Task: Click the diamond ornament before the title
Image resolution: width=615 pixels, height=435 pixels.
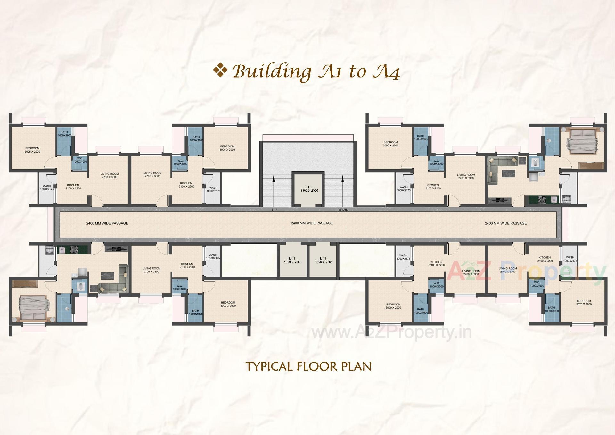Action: tap(220, 71)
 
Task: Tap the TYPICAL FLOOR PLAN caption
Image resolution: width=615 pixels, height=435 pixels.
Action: tap(308, 366)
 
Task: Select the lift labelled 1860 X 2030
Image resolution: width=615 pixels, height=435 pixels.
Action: tap(308, 189)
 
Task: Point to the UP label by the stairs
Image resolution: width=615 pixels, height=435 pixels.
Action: tap(274, 210)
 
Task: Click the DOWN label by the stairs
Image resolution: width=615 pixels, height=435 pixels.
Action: tap(343, 210)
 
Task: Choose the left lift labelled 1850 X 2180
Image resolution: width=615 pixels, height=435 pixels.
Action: tap(292, 260)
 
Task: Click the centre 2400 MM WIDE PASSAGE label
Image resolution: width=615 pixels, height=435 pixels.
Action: tap(312, 223)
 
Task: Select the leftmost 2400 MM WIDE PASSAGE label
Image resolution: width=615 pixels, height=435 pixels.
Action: tap(107, 223)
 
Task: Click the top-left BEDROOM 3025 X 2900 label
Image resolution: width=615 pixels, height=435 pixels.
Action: tap(32, 150)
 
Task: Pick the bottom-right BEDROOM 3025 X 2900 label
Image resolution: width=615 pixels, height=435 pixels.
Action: tap(584, 303)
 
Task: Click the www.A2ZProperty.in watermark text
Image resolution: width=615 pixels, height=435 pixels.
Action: tap(391, 333)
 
